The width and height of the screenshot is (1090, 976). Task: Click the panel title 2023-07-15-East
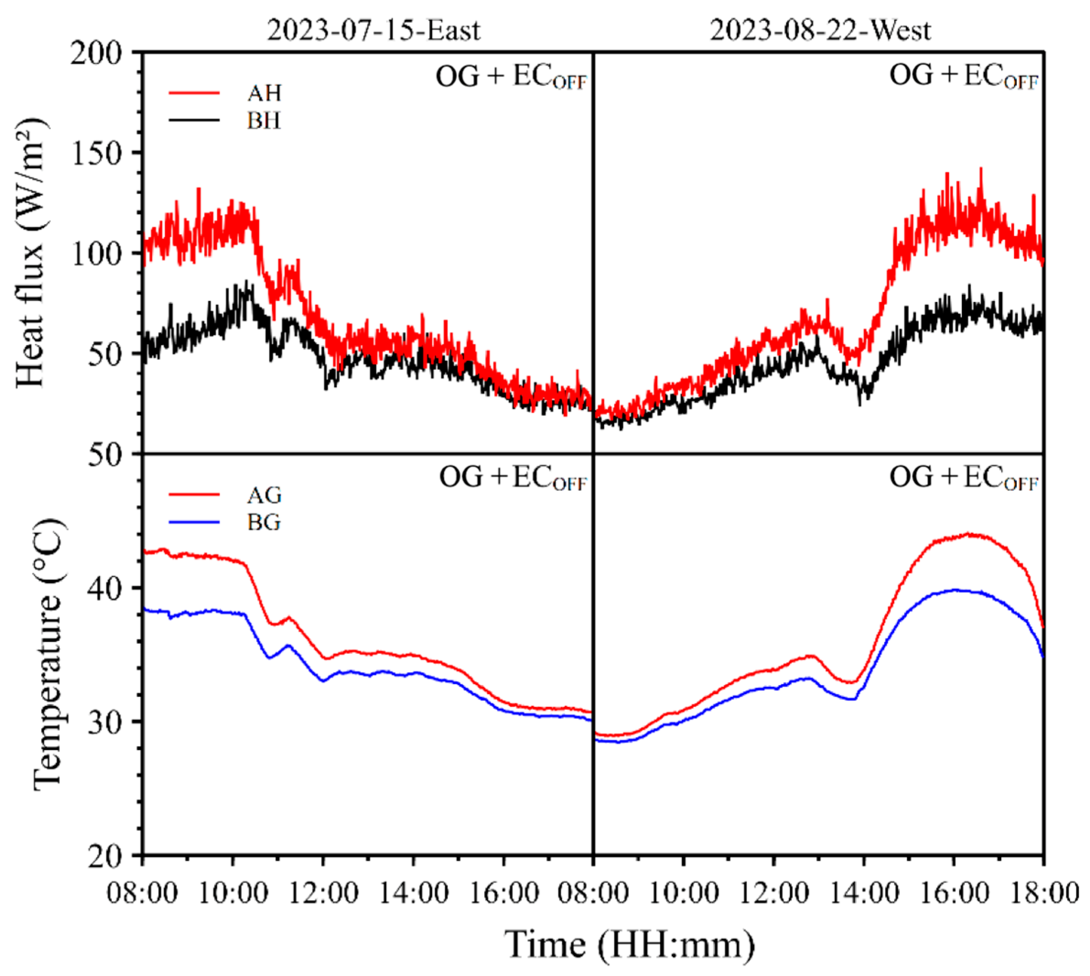click(374, 31)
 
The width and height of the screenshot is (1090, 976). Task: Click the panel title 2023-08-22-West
click(820, 31)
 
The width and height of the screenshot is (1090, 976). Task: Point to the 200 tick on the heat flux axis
click(103, 54)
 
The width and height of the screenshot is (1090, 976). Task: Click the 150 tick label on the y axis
click(103, 153)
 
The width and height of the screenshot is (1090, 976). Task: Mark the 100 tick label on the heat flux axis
click(103, 253)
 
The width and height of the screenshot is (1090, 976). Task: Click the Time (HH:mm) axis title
click(630, 945)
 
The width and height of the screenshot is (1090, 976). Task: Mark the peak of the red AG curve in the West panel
click(968, 534)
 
